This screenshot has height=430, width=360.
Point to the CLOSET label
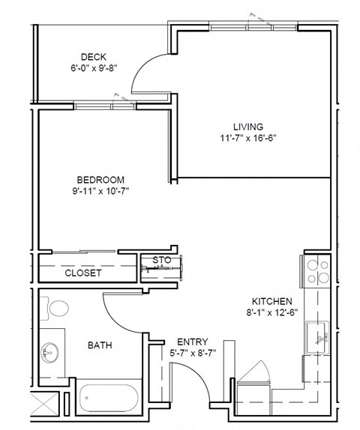click(83, 273)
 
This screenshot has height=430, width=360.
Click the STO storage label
click(162, 260)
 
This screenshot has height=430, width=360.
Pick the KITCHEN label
click(272, 300)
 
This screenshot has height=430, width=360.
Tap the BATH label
click(100, 345)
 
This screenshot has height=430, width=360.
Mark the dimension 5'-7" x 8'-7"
click(182, 352)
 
